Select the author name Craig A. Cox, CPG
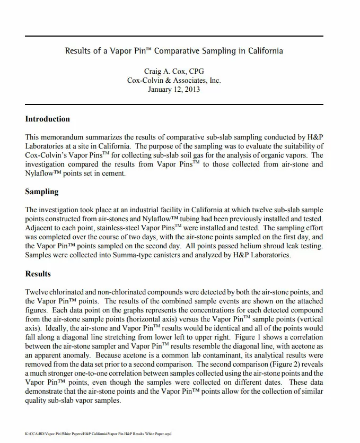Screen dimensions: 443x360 pos(174,71)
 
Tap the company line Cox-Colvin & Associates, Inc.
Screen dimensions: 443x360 pos(174,80)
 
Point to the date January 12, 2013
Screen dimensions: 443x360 pos(174,89)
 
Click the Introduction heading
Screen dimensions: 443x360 pos(48,119)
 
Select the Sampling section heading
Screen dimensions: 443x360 pos(42,192)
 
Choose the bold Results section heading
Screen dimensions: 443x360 pos(38,274)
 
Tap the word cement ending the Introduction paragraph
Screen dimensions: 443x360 pos(113,173)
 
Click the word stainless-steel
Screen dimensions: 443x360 pos(109,228)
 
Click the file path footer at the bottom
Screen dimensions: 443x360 pos(98,433)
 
